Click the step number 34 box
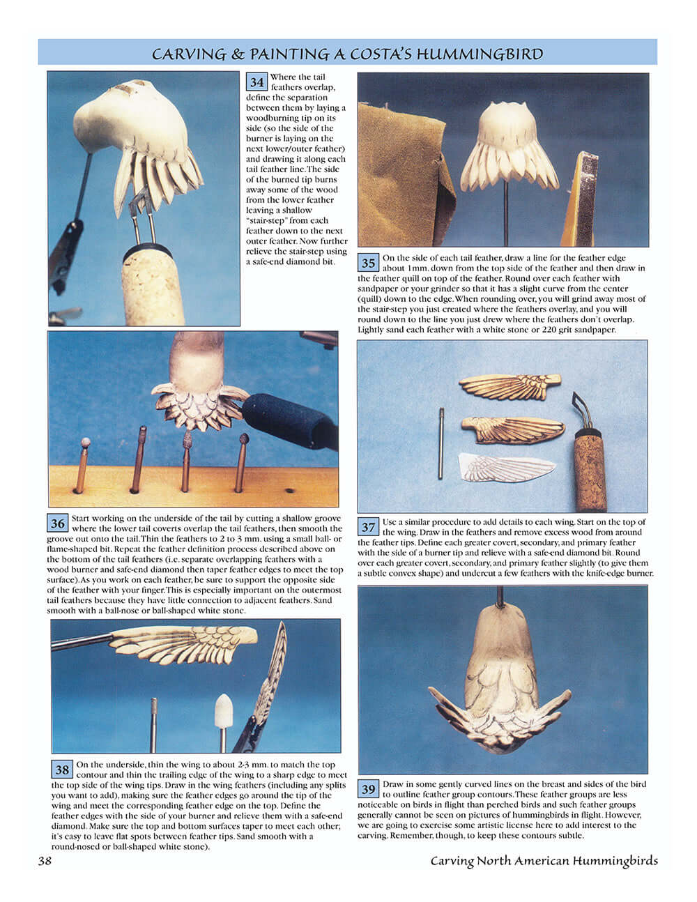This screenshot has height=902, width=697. (257, 82)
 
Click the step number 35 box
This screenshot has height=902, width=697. (368, 263)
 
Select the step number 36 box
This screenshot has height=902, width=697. (57, 523)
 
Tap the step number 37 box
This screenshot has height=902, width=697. (368, 527)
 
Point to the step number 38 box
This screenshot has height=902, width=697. (62, 770)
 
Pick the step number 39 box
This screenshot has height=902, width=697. (368, 789)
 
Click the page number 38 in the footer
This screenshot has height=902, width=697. (45, 861)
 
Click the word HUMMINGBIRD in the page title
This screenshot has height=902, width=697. (480, 54)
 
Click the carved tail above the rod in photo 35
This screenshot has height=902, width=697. (503, 143)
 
